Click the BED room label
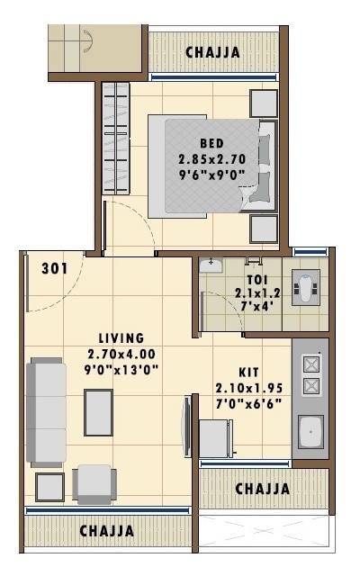click(212, 143)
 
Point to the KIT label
click(249, 372)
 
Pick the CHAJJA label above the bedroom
click(212, 53)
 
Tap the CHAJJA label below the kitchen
click(262, 489)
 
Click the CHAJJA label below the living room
click(107, 531)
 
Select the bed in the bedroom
click(211, 166)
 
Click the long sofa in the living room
click(46, 412)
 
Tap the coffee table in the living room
click(98, 412)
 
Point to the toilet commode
click(305, 287)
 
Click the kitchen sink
click(311, 431)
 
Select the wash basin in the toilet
click(211, 265)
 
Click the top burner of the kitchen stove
click(311, 364)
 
